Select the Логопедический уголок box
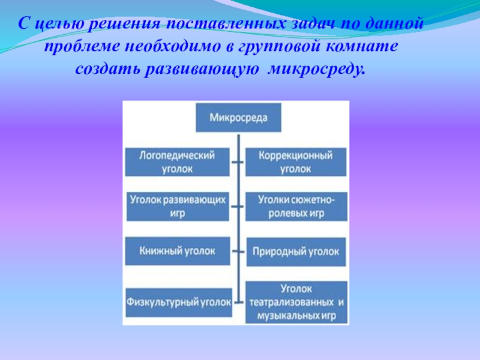178,163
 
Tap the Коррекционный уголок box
296,163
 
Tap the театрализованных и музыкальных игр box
296,303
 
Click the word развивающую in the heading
201,70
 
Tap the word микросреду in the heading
316,70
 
